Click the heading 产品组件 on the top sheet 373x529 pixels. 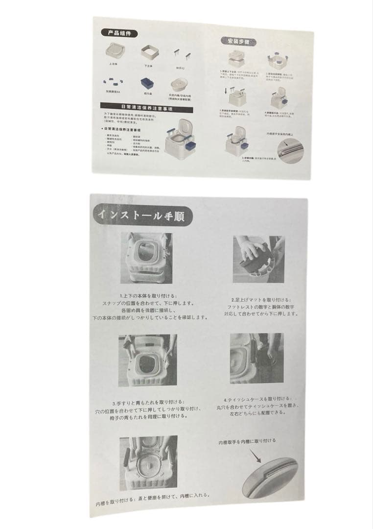click(119, 33)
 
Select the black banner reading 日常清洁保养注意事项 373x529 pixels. click(138, 106)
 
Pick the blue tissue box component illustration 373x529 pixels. click(146, 84)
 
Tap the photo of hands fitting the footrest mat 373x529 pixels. click(259, 259)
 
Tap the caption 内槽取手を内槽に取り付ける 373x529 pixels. click(247, 441)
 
